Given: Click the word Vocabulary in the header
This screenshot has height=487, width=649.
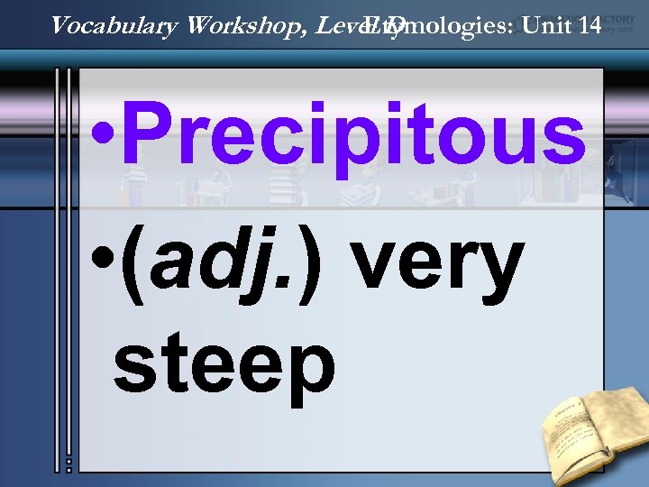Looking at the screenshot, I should point(114,25).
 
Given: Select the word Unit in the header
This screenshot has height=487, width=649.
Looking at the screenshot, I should point(542,25).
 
